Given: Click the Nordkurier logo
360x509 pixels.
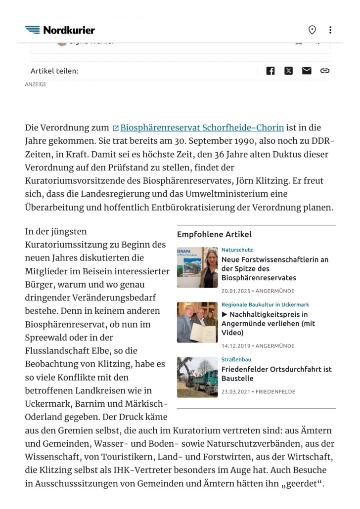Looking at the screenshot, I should click(x=60, y=30).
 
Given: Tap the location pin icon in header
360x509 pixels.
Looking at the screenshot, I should click(x=312, y=30).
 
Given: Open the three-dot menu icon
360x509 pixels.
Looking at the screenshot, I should click(x=330, y=30).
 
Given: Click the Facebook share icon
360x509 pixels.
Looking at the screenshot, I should click(x=270, y=71).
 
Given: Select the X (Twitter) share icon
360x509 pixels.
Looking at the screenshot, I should click(x=289, y=71).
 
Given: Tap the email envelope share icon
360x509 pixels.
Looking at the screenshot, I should click(x=307, y=71).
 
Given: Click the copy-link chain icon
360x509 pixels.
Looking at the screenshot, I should click(x=325, y=71).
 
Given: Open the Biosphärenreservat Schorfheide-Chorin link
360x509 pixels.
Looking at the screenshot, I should click(x=202, y=128).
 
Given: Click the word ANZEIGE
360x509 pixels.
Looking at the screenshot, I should click(x=36, y=85).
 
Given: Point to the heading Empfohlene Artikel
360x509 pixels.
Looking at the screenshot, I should click(x=214, y=234).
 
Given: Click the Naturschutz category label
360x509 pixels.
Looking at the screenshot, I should click(x=237, y=250).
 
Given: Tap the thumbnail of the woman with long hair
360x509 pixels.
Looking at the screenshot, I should click(x=197, y=267).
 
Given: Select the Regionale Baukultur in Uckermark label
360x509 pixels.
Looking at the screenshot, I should click(x=265, y=305).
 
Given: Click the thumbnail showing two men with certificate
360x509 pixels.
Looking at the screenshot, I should click(x=197, y=322).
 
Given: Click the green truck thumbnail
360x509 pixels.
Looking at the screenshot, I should click(x=197, y=377).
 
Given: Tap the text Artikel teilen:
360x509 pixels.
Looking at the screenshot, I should click(x=54, y=71).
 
